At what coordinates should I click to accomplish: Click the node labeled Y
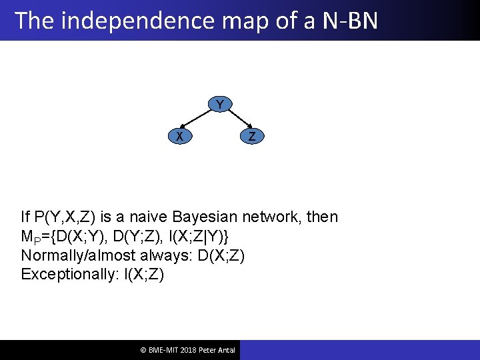click(219, 104)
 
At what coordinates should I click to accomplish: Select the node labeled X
click(179, 136)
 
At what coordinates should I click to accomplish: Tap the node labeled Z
click(251, 136)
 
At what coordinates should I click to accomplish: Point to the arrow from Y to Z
click(235, 120)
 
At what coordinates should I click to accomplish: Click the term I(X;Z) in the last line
click(143, 275)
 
